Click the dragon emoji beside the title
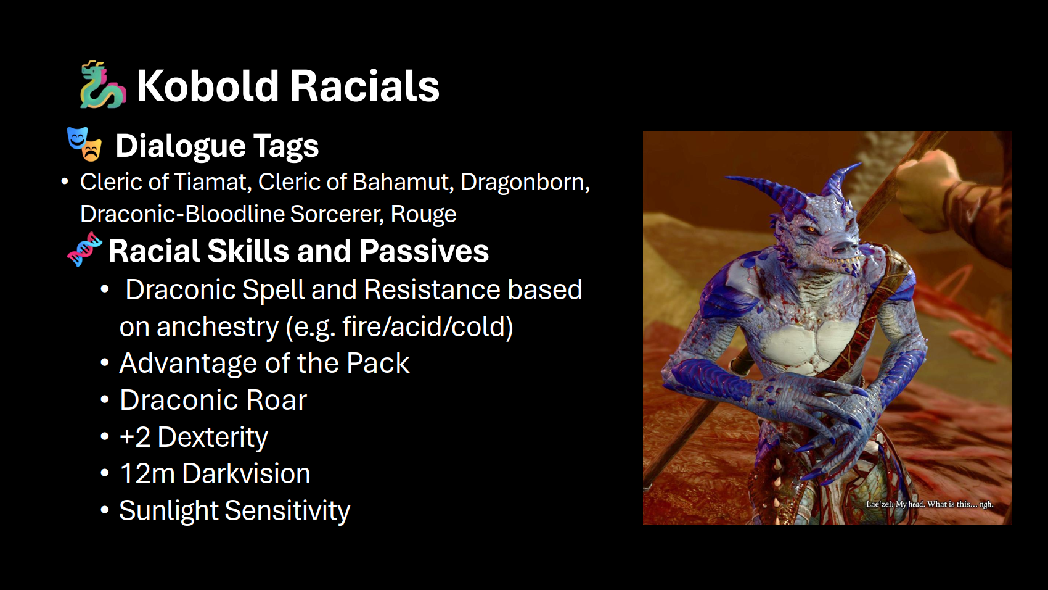pos(102,85)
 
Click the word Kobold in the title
pos(208,86)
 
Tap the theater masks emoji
pos(84,144)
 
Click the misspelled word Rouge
pos(423,214)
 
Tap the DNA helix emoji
pos(84,249)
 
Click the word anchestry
pos(218,327)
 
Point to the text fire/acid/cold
pos(428,326)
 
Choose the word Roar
pos(276,401)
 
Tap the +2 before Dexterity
pos(135,438)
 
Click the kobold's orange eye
pos(811,230)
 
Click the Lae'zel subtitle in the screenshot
pos(929,504)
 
